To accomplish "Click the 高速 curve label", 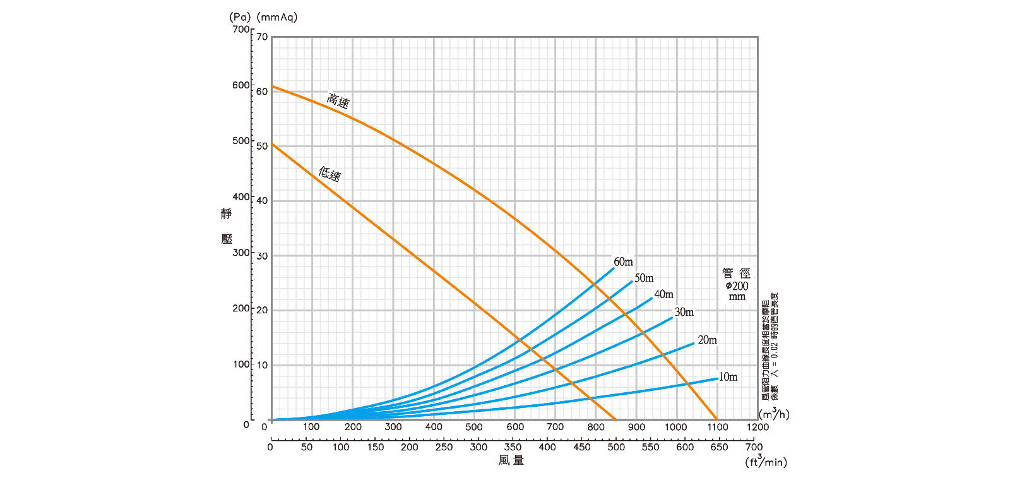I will tap(338, 100).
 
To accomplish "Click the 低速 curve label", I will tap(330, 173).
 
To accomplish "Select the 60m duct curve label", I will tap(623, 261).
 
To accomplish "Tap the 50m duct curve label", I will tap(644, 278).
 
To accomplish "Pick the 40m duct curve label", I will tap(663, 294).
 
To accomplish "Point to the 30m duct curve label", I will tap(684, 312).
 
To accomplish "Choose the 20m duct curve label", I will tap(707, 340).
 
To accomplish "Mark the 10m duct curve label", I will tap(728, 377).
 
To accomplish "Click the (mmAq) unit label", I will tap(276, 17).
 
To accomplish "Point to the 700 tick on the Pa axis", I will tap(241, 29).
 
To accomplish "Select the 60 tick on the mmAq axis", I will tap(262, 91).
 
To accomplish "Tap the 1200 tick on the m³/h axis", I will tap(757, 427).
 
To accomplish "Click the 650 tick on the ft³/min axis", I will tap(719, 447).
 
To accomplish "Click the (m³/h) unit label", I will tap(774, 414).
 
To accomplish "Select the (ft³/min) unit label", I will tap(766, 462).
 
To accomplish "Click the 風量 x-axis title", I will tap(511, 460).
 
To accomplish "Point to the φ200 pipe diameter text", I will tap(737, 285).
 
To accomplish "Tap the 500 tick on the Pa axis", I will tap(241, 140).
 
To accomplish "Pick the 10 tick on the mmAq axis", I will tap(262, 364).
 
